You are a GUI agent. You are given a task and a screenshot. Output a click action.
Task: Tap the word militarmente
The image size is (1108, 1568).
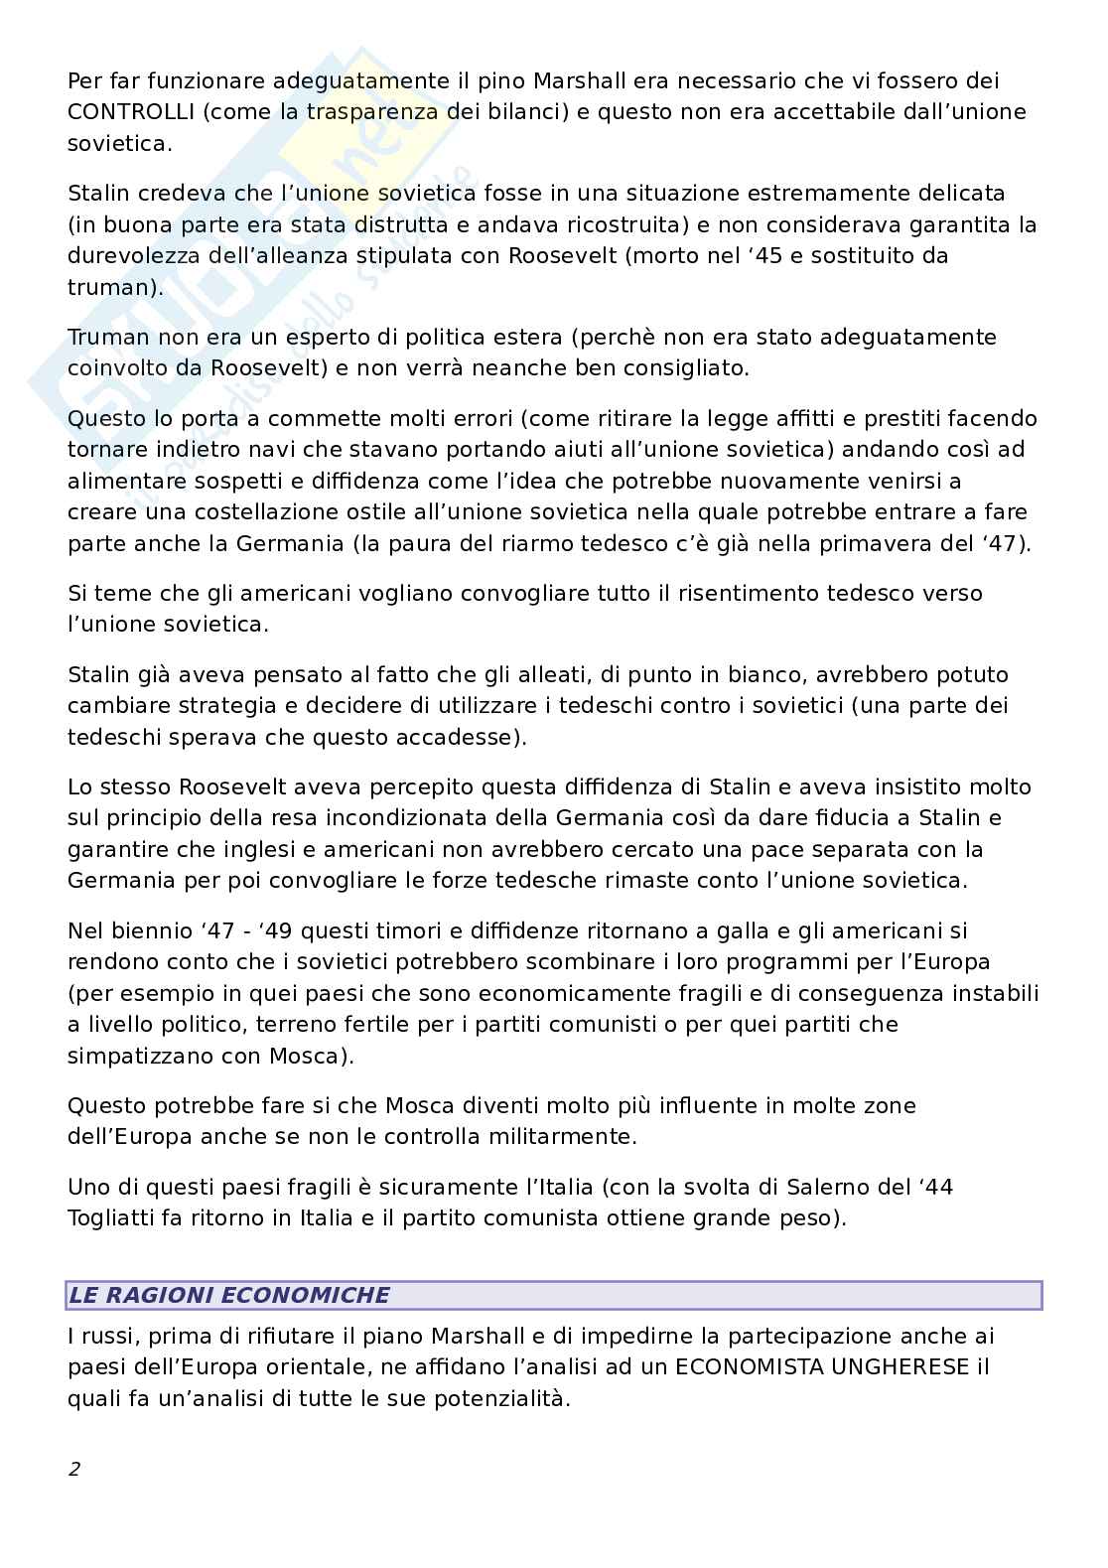[x=557, y=1136]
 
